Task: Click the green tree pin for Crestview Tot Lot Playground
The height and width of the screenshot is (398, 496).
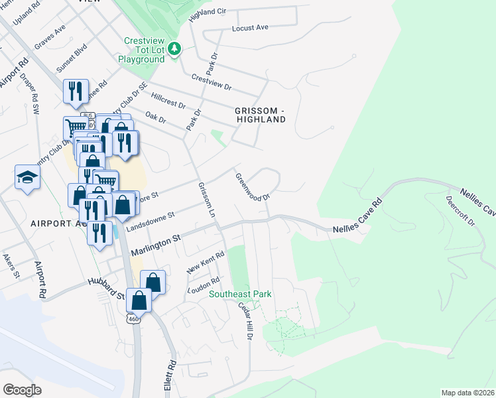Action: pos(174,49)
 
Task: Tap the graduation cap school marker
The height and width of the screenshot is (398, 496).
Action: pos(27,178)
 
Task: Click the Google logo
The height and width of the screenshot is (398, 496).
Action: pos(23,390)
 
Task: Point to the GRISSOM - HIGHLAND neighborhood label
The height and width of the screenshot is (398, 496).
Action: pos(261,115)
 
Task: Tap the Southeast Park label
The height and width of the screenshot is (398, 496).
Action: pos(241,294)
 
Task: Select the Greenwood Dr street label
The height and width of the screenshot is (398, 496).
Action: pos(252,187)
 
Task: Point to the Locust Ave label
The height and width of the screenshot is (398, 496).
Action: pos(250,29)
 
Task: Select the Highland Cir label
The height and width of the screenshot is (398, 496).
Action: pos(208,12)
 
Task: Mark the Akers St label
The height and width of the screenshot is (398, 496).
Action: pos(12,266)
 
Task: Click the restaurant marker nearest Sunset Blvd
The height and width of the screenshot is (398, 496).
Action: pos(76,91)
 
